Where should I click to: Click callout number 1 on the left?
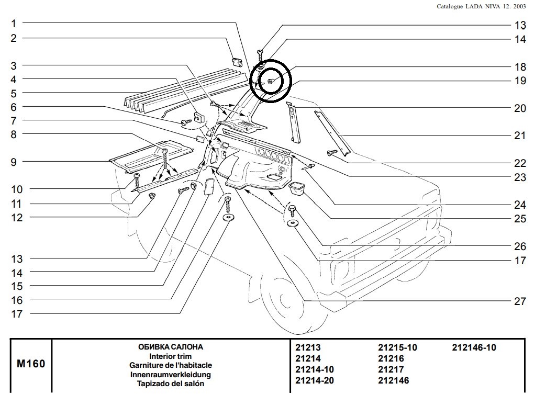coord(14,24)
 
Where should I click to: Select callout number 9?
coord(14,162)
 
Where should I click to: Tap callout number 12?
coord(17,218)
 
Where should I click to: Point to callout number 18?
coord(519,67)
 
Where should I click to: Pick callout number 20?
coord(519,108)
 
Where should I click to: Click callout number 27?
coord(519,301)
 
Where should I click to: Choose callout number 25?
coord(519,219)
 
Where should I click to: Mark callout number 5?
coord(14,93)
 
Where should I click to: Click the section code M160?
coord(31,364)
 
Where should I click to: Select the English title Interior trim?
coord(170,356)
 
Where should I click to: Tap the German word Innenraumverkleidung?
coord(170,375)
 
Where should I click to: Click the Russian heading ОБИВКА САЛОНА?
coord(170,347)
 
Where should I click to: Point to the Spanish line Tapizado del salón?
coord(170,384)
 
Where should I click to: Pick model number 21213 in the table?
coord(308,347)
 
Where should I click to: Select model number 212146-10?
coord(474,347)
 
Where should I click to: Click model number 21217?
coord(391,370)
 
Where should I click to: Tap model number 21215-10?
coord(397,347)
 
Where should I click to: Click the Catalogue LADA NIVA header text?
coord(481,6)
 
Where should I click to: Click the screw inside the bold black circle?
coord(270,81)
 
